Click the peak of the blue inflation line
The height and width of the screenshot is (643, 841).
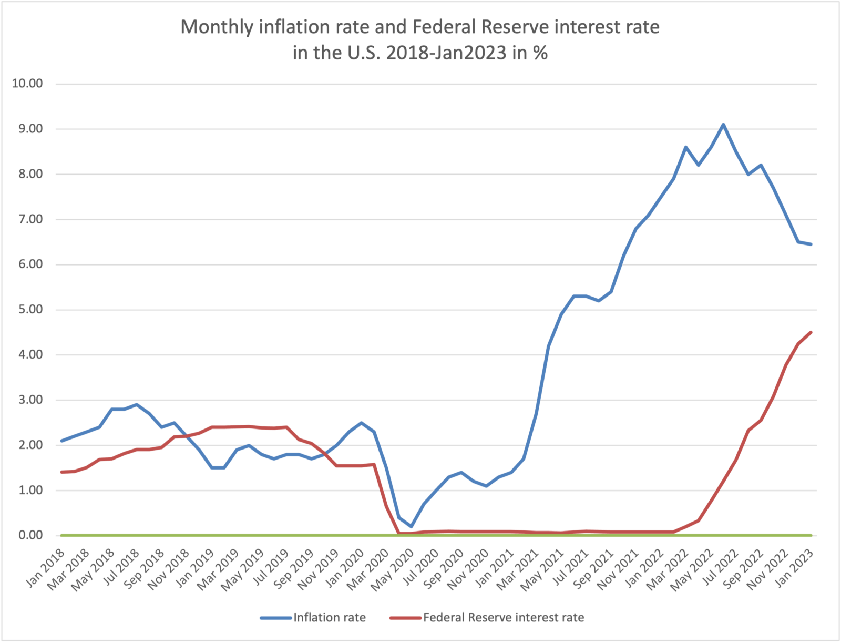coord(723,125)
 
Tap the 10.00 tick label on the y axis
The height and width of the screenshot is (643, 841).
coord(27,84)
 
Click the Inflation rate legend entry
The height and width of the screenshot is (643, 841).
coord(329,617)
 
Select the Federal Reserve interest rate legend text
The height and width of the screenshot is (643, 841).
coord(503,617)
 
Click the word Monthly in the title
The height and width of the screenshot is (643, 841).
coord(217,27)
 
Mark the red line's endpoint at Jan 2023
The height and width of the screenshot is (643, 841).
coord(811,332)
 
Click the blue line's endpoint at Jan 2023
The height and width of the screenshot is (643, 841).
coord(811,244)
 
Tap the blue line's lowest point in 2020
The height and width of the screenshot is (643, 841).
coord(411,526)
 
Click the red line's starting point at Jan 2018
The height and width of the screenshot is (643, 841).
coord(62,472)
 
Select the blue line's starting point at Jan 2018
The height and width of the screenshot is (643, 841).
coord(62,441)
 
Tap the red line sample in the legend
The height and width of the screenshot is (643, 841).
coord(405,618)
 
